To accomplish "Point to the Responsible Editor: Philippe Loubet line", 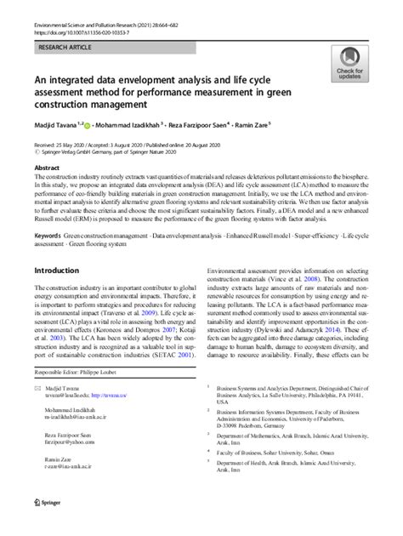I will point(84,373).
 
